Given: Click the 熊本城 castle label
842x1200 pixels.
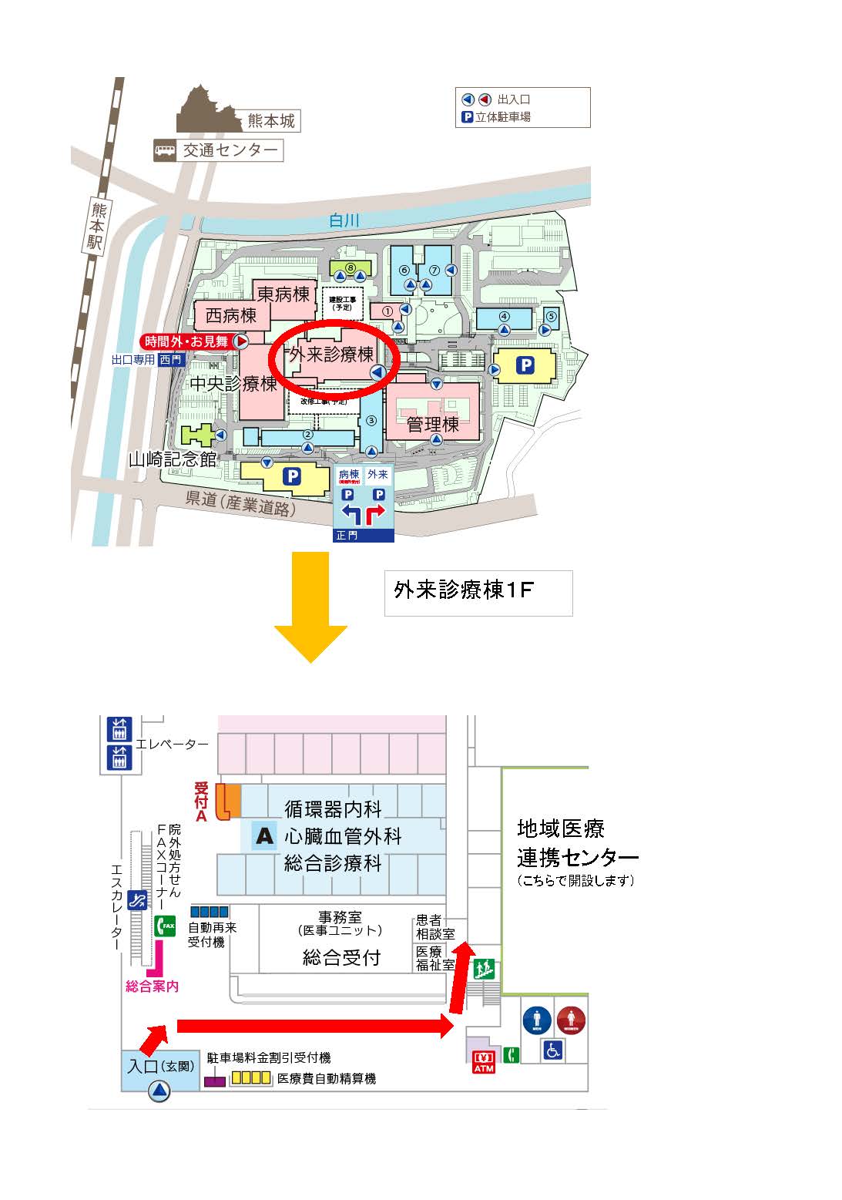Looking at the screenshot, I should coord(271,121).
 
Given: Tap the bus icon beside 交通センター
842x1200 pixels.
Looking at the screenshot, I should coord(165,150).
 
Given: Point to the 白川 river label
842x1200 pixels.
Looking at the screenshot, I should coord(344,220).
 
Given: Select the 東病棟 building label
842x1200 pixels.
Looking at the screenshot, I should coord(283,294).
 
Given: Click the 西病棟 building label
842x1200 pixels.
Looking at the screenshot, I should coord(230,316).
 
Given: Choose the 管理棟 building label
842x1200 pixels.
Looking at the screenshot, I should coord(433,424).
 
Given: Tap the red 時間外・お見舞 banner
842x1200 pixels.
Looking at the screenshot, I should coord(187,341).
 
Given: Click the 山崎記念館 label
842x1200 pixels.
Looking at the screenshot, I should coord(173,460).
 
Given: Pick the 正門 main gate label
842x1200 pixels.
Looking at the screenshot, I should coord(347,535).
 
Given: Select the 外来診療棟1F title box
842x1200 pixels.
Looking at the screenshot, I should coord(478,592).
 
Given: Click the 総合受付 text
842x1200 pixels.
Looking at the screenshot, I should coord(341,958).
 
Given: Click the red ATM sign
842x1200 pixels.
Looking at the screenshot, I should coord(484,1062).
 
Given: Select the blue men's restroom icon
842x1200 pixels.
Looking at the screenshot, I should coord(537,1020).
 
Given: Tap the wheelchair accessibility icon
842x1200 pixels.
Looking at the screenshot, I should coord(553,1050).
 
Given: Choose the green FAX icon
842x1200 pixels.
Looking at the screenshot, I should coord(166,925).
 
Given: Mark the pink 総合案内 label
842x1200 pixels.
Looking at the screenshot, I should coord(153,986).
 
